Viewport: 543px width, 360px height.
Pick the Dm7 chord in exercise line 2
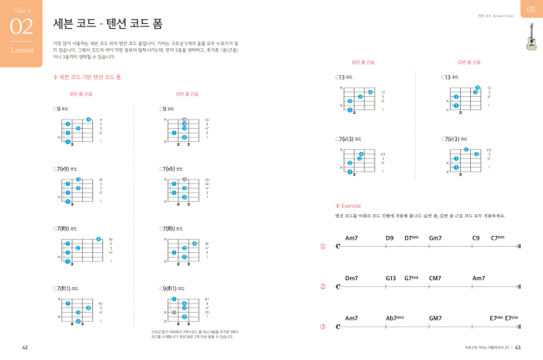351,277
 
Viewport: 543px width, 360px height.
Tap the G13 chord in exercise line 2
390,277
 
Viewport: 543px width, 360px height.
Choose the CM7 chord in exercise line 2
434,277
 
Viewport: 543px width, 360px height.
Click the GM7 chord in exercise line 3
435,317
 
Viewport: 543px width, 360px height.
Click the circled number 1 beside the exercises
323,247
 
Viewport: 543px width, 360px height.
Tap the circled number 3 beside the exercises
323,327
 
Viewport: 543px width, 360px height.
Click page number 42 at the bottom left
25,347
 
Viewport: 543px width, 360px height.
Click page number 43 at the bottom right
517,347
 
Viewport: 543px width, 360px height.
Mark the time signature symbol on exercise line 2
338,287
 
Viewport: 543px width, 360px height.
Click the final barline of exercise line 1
518,247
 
